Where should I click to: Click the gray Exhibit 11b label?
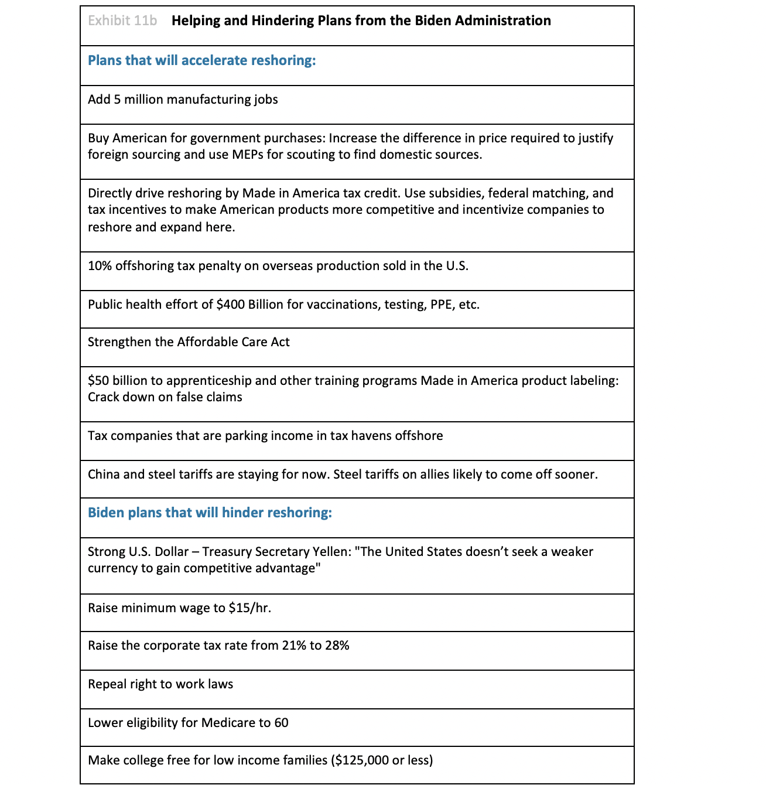click(122, 21)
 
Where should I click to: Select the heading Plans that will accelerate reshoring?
click(201, 60)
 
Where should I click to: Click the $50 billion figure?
click(117, 381)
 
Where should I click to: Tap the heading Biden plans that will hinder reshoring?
click(210, 513)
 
